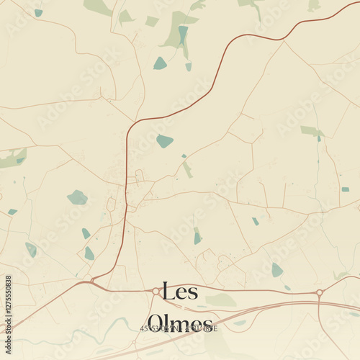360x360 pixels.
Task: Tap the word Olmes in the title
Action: click(179, 323)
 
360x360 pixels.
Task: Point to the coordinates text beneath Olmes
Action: click(179, 329)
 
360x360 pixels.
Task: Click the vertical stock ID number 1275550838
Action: click(8, 303)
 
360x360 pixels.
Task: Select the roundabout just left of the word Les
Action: click(156, 291)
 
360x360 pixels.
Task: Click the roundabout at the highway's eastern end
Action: click(319, 293)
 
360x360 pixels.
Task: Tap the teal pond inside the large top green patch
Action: click(183, 33)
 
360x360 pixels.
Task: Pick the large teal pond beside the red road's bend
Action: click(165, 141)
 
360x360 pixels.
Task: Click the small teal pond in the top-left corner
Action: click(38, 12)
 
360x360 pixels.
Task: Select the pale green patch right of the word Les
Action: click(220, 300)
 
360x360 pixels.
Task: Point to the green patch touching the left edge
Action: click(13, 158)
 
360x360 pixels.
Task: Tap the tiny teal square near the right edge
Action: click(345, 189)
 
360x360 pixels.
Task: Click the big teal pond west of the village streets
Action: click(77, 197)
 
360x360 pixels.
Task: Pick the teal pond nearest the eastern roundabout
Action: click(277, 270)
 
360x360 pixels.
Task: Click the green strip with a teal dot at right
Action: click(312, 132)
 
